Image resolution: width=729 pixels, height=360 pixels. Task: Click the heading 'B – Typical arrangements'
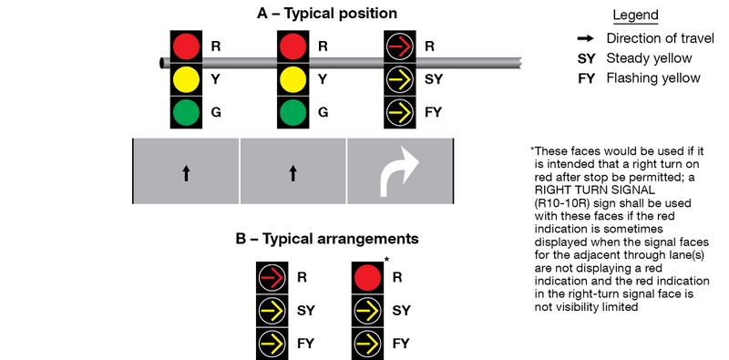pyautogui.click(x=326, y=239)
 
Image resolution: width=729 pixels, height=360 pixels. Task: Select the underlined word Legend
pyautogui.click(x=635, y=15)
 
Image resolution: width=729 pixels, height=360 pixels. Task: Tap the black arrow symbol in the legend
pyautogui.click(x=587, y=38)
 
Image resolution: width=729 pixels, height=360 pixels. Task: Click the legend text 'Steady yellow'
pyautogui.click(x=650, y=58)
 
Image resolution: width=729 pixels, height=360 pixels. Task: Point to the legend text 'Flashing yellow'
pyautogui.click(x=653, y=78)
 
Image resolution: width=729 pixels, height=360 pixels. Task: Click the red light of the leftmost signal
pyautogui.click(x=186, y=46)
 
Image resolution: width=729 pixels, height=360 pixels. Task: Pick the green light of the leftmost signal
pyautogui.click(x=186, y=113)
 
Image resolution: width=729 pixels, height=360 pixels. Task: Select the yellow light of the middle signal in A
pyautogui.click(x=293, y=79)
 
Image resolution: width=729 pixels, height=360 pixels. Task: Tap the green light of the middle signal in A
pyautogui.click(x=293, y=113)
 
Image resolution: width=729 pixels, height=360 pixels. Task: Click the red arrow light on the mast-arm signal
pyautogui.click(x=399, y=46)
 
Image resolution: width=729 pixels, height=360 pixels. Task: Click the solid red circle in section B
pyautogui.click(x=367, y=276)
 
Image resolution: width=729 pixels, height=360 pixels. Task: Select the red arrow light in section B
pyautogui.click(x=271, y=276)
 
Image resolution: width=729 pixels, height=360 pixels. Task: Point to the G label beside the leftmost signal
pyautogui.click(x=216, y=114)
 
